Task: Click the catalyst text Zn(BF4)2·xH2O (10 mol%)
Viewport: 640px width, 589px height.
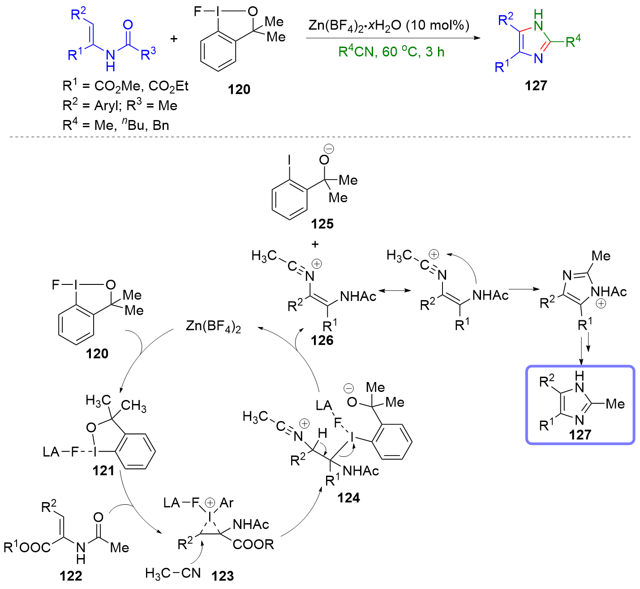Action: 389,26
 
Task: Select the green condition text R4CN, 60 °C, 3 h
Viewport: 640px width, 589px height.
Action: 391,52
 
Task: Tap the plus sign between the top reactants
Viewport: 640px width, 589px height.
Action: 174,39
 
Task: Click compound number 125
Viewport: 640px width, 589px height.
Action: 322,224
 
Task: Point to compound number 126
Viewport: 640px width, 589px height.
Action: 322,341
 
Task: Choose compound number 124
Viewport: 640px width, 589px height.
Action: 348,498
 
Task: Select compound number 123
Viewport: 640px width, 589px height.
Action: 223,576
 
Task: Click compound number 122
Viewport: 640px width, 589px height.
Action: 71,576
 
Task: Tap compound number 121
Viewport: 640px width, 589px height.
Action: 103,471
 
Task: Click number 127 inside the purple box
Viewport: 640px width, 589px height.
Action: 580,434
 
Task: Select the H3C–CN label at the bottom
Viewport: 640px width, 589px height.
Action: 173,573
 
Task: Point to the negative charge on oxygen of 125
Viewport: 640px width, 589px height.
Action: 329,149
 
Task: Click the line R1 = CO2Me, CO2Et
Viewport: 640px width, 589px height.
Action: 125,86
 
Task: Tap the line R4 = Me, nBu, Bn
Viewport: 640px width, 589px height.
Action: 116,125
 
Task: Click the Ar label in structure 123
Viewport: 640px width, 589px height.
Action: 227,503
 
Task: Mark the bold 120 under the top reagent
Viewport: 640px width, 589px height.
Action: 239,90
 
